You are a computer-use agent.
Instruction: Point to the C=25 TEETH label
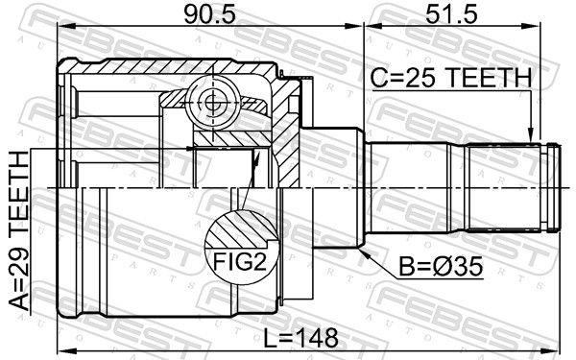coord(450,77)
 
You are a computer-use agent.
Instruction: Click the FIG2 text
coord(232,259)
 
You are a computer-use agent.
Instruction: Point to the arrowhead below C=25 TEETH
coord(530,135)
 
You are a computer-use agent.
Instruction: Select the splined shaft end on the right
coord(509,186)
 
